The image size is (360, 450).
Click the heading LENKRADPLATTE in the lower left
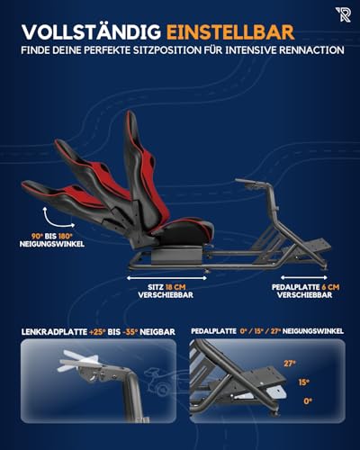coord(53,331)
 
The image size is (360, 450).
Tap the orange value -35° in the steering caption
coord(137,331)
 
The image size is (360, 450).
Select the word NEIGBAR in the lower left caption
coord(163,331)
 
